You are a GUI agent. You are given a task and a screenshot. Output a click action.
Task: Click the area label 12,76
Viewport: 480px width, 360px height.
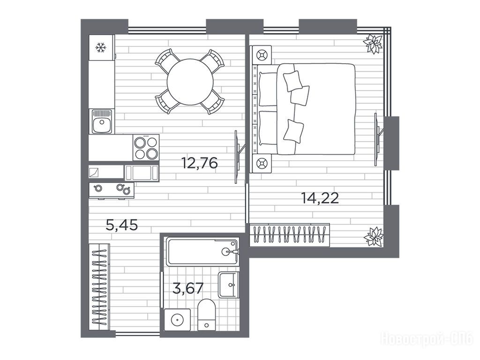(x=199, y=163)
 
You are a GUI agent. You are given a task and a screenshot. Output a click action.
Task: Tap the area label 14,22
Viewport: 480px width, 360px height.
(x=320, y=198)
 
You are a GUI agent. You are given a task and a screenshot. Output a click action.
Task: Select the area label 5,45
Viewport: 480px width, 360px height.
(x=121, y=225)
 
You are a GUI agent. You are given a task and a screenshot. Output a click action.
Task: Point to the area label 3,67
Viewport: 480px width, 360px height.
(x=188, y=288)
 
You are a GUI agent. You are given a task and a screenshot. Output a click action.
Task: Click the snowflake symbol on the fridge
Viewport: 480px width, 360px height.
(x=100, y=48)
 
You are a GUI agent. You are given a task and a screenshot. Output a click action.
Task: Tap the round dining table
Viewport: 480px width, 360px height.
(x=190, y=82)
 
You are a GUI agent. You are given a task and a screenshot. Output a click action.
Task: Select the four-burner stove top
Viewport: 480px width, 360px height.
(x=146, y=147)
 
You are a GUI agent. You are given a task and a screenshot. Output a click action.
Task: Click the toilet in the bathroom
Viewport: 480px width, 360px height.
(x=206, y=315)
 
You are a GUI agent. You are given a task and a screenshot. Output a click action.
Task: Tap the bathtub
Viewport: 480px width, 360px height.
(x=202, y=252)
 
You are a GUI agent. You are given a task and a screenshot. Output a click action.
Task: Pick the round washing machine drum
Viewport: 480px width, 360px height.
(x=177, y=320)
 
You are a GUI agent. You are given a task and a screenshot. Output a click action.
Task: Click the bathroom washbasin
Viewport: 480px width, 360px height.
(x=228, y=285)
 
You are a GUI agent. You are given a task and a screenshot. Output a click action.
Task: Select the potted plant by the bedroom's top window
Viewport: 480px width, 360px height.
(x=373, y=44)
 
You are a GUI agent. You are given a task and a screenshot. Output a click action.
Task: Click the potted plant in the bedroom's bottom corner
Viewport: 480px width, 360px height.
(x=373, y=236)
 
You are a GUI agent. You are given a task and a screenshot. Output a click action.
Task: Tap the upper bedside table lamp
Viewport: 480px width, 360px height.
(x=261, y=55)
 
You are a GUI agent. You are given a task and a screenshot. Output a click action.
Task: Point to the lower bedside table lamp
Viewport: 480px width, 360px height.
(x=261, y=164)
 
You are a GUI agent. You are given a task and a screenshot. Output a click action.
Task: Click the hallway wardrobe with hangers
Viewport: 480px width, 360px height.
(x=99, y=287)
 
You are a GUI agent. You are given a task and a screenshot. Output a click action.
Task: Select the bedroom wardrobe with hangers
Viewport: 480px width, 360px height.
(x=290, y=235)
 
